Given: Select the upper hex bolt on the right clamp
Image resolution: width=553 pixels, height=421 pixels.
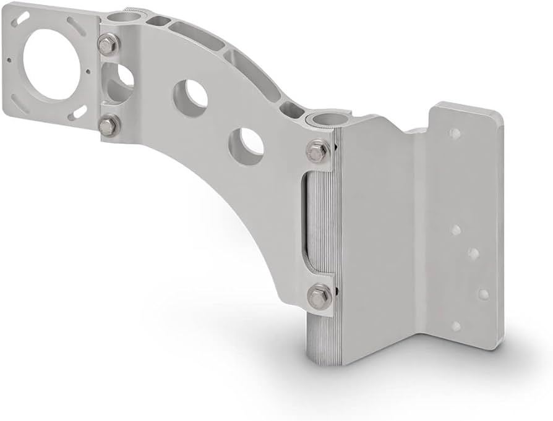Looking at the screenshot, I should (318, 151).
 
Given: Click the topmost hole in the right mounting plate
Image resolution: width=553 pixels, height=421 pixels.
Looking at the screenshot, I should (455, 133).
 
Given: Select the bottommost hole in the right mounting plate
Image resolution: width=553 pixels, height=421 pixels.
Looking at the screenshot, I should (457, 326).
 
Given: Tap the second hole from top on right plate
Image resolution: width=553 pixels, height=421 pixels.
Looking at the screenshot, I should (455, 230).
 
